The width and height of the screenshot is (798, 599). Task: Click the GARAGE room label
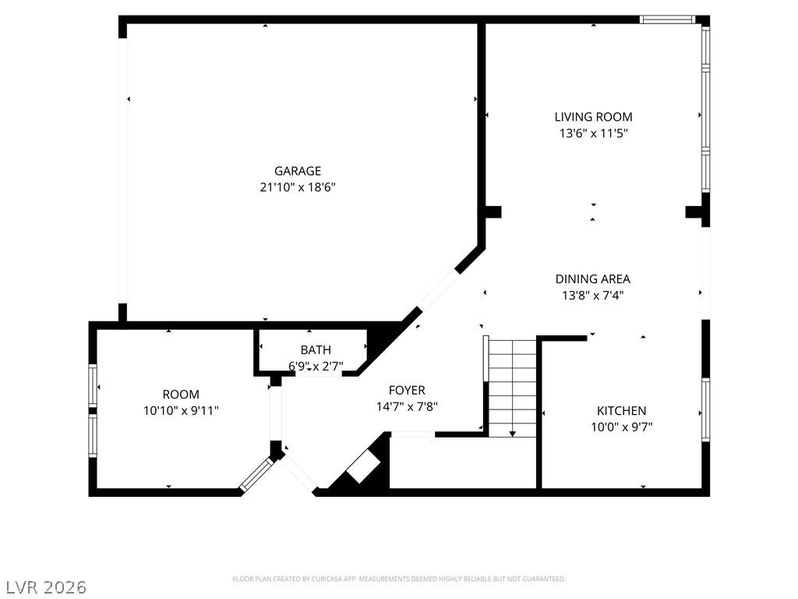(x=298, y=171)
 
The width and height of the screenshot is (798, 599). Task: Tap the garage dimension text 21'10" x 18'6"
(x=298, y=187)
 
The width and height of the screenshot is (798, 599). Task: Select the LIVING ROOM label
(x=593, y=117)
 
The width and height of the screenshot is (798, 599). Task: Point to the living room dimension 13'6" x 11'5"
(x=593, y=133)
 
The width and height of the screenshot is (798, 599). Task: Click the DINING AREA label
(x=593, y=279)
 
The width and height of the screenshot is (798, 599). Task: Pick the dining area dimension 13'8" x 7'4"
(x=593, y=296)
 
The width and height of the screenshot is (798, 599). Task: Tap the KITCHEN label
(x=621, y=410)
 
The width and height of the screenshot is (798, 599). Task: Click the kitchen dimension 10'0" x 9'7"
(x=621, y=427)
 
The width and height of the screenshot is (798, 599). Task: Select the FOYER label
(x=407, y=390)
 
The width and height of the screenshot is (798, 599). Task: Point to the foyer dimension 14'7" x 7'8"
(x=407, y=406)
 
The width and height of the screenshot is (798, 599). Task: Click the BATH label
(x=316, y=350)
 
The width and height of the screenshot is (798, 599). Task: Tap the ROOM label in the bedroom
(x=181, y=394)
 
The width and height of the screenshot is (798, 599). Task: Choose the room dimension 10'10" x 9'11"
(x=181, y=410)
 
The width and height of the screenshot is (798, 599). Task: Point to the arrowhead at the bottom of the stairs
(x=513, y=434)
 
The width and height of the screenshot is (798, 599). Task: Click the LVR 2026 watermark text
(x=44, y=587)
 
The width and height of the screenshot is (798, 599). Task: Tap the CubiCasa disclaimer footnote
(x=399, y=580)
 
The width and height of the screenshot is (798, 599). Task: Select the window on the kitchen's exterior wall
(x=705, y=409)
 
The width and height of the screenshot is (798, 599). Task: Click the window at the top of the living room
(x=667, y=19)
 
